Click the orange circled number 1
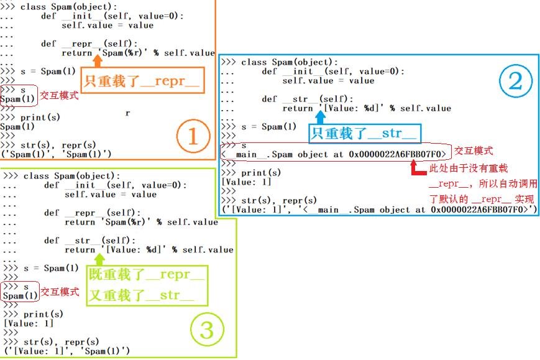(x=191, y=136)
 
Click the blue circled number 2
(x=515, y=81)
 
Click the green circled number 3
(x=206, y=330)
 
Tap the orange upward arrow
(x=98, y=61)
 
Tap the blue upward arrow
(x=321, y=118)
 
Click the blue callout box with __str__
(x=365, y=134)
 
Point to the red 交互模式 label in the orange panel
(x=60, y=96)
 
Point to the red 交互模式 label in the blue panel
(x=474, y=150)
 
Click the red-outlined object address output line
(x=334, y=154)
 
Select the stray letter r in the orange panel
(x=127, y=114)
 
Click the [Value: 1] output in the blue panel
(x=247, y=182)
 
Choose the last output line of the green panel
(x=66, y=351)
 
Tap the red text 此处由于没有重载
(x=469, y=168)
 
